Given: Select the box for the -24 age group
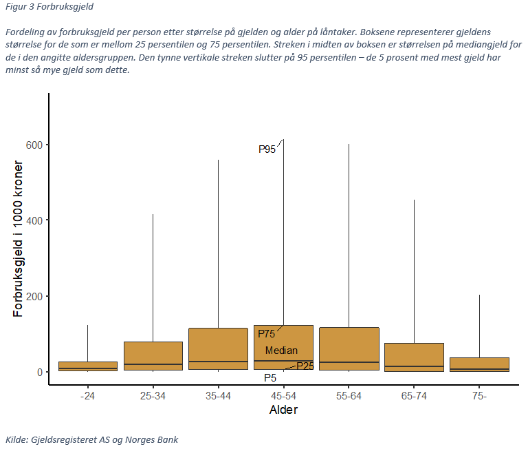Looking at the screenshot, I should click(x=87, y=366).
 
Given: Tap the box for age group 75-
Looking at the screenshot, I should click(x=479, y=364).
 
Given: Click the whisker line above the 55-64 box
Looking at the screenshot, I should click(x=349, y=234).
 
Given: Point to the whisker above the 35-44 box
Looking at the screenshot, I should click(x=218, y=241).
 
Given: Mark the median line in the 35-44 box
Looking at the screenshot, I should click(x=218, y=362).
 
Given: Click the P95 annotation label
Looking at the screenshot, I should click(x=267, y=149).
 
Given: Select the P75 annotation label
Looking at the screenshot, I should click(x=267, y=334).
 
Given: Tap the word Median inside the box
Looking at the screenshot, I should click(x=281, y=351).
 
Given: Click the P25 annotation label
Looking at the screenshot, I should click(x=305, y=366).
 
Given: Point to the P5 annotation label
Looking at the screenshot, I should click(x=270, y=377).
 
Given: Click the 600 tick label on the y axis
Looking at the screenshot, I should click(x=34, y=145).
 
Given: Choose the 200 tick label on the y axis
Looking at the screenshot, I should click(x=34, y=296).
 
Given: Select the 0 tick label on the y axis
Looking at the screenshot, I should click(x=39, y=372).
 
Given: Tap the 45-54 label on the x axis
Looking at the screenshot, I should click(x=283, y=396).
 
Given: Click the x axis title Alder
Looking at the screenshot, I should click(x=283, y=410).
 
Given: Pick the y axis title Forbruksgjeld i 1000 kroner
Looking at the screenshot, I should click(x=19, y=239).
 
